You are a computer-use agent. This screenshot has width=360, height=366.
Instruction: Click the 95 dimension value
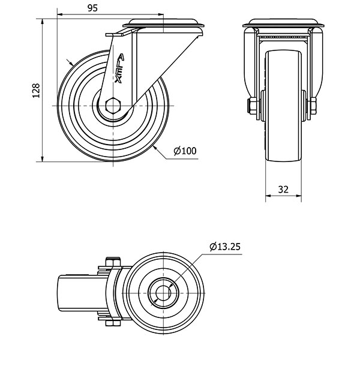[x=92, y=8]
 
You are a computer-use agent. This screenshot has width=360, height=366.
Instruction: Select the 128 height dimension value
[x=36, y=91]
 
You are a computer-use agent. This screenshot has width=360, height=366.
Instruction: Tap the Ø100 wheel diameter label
[x=185, y=151]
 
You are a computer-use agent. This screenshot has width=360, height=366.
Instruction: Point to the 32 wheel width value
[x=283, y=190]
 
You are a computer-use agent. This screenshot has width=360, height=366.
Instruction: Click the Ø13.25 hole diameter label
[x=225, y=247]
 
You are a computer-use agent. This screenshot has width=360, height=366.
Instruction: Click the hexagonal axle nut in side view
[x=113, y=106]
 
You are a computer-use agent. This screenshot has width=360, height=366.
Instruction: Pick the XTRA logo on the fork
[x=120, y=68]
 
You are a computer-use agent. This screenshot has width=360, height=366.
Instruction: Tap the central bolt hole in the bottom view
[x=163, y=293]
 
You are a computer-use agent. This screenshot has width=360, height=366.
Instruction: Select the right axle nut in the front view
[x=313, y=106]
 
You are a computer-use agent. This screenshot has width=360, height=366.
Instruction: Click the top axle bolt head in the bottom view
[x=113, y=262]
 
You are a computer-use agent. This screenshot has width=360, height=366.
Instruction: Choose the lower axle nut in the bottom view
[x=113, y=323]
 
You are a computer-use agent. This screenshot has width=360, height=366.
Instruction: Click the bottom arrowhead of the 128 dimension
[x=42, y=159]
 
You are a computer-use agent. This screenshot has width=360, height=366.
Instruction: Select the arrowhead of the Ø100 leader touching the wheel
[x=155, y=148]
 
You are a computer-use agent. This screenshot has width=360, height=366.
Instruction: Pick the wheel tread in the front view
[x=283, y=106]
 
